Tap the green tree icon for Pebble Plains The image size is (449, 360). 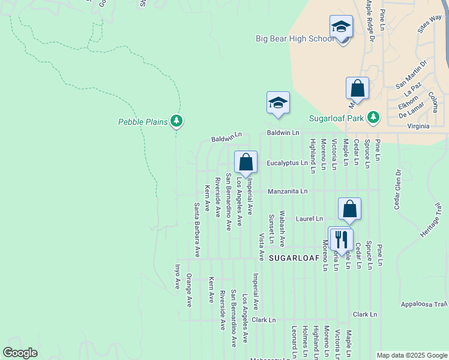pos(176,122)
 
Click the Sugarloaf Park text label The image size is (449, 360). pos(337,118)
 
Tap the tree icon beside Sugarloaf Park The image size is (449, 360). pos(373,117)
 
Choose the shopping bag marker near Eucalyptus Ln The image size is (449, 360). pos(246,161)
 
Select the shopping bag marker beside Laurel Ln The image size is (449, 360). pos(349,209)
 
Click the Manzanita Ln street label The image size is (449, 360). pos(288,191)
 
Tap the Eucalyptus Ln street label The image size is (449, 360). pos(287,163)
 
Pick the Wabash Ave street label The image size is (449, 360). pos(282,231)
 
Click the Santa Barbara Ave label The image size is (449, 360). pos(196,230)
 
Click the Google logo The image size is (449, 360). pos(20,353)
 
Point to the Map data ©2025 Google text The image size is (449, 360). pos(412,355)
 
